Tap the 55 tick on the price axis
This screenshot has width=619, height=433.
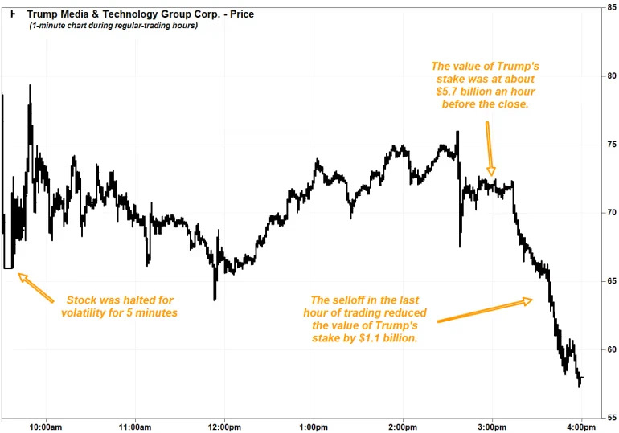coord(611,418)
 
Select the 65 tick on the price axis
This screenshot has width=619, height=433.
coord(611,281)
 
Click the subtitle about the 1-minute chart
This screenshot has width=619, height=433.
coord(113,26)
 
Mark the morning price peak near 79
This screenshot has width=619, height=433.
coord(31,86)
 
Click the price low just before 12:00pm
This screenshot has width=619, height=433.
coord(215,298)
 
